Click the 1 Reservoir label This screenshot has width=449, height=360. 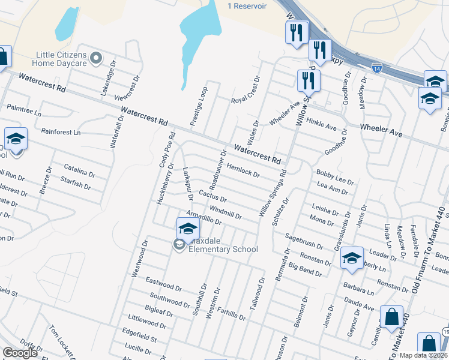(246, 5)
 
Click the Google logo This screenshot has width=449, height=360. (20, 353)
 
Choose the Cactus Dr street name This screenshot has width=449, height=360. (212, 195)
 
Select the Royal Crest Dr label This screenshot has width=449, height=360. (246, 90)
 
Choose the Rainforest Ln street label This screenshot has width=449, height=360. (61, 131)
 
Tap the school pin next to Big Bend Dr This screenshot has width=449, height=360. (352, 259)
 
